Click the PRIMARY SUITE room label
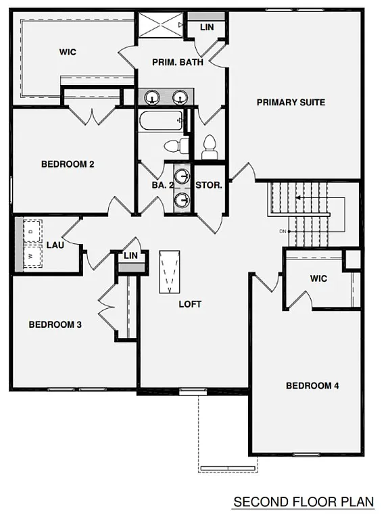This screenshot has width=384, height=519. pyautogui.click(x=291, y=103)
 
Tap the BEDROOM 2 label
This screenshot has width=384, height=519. pyautogui.click(x=67, y=164)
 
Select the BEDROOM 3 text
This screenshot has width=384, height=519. pyautogui.click(x=55, y=324)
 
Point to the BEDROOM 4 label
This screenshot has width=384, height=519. pyautogui.click(x=312, y=386)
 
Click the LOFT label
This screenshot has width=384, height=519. pyautogui.click(x=190, y=304)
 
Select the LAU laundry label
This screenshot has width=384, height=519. pyautogui.click(x=55, y=245)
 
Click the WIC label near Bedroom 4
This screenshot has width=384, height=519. pyautogui.click(x=319, y=278)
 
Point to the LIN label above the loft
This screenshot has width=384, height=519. pyautogui.click(x=130, y=255)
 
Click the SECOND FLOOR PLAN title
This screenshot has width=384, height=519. pyautogui.click(x=303, y=502)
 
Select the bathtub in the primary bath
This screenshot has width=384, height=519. pyautogui.click(x=162, y=122)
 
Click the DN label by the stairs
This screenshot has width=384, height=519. pyautogui.click(x=282, y=232)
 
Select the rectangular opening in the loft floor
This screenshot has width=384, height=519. pyautogui.click(x=170, y=272)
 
